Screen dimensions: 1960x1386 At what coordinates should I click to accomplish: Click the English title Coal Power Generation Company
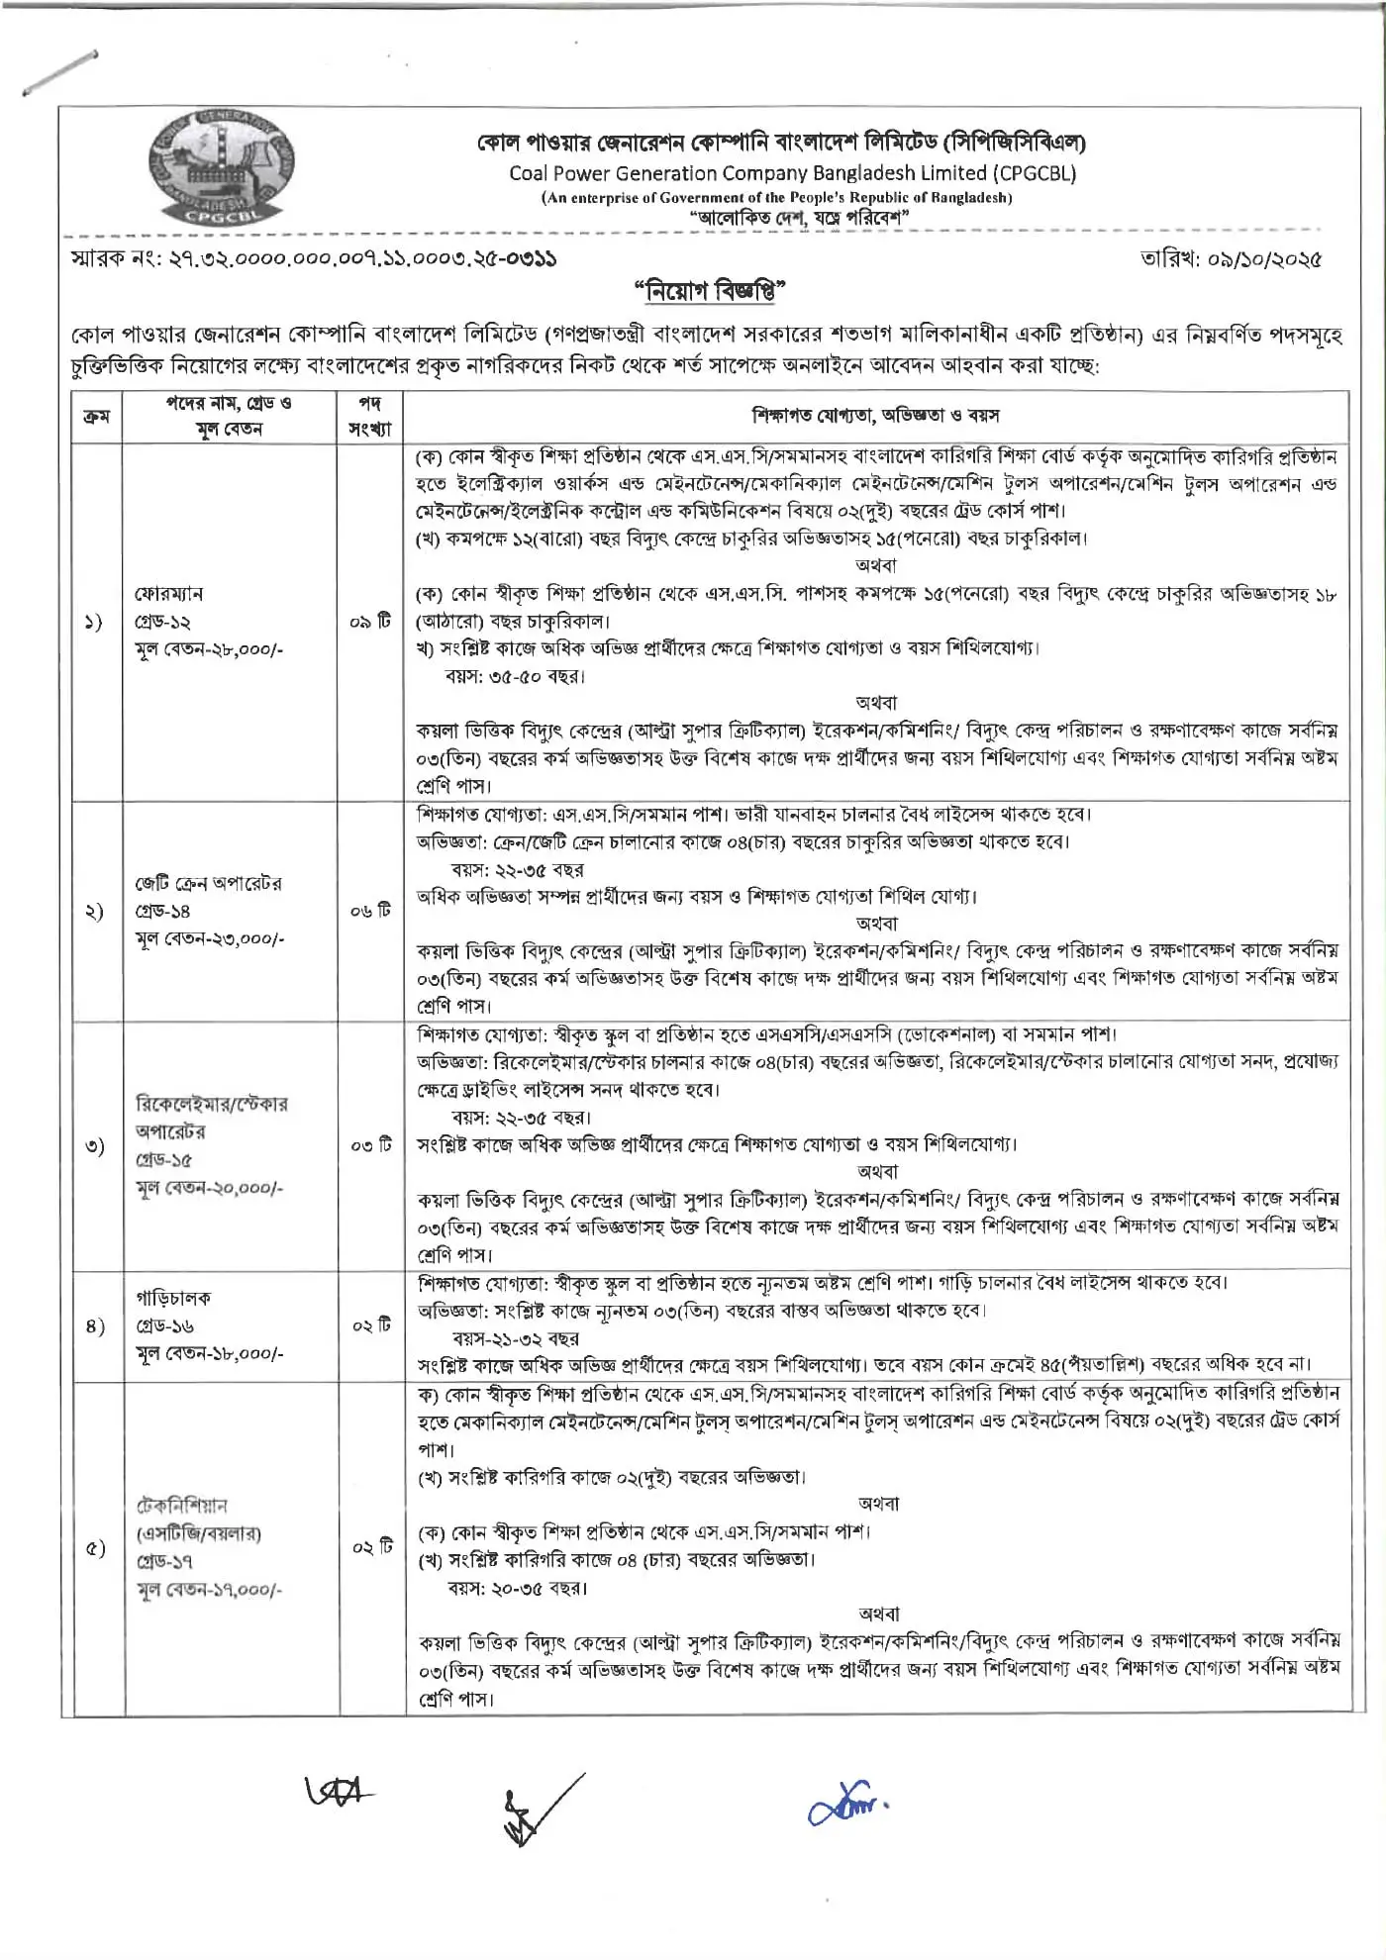click(792, 173)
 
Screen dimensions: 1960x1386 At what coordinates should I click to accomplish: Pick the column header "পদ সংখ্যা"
click(370, 416)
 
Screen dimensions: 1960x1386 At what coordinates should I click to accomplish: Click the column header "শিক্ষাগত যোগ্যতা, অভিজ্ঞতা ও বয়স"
click(875, 416)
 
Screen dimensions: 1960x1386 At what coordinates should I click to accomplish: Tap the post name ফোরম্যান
click(169, 594)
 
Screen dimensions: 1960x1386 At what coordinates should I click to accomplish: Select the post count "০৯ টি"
click(370, 622)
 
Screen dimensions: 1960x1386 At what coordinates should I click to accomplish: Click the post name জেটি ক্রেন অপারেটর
click(209, 883)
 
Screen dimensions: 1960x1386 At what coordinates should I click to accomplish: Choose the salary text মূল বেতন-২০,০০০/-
click(209, 1187)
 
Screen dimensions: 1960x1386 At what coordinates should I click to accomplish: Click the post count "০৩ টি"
click(370, 1145)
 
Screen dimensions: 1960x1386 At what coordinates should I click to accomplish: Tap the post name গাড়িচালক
click(173, 1298)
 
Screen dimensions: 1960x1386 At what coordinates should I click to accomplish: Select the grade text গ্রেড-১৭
click(164, 1561)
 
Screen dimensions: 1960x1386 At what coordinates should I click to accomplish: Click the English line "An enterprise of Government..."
click(776, 198)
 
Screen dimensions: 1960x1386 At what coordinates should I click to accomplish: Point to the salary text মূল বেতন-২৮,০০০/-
click(209, 650)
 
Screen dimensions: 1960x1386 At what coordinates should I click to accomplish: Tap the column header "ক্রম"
click(96, 416)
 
